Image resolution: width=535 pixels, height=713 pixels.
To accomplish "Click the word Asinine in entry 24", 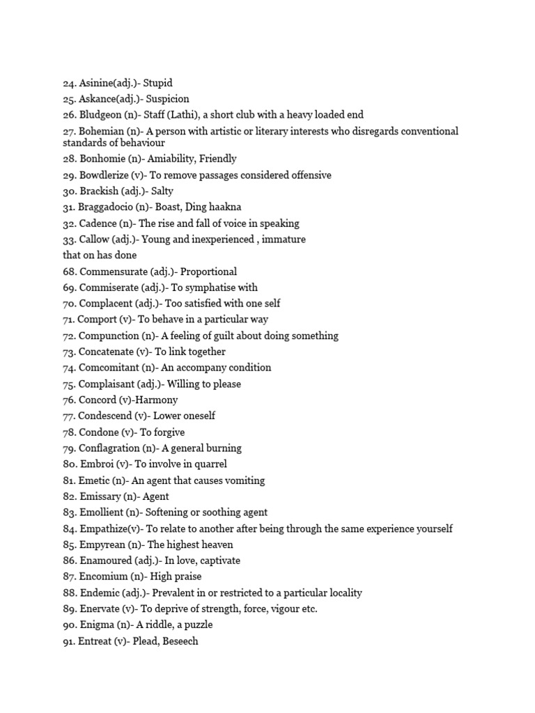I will [x=96, y=83].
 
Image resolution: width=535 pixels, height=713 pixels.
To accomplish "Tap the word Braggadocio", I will [x=106, y=207].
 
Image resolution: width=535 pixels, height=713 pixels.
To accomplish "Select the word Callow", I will [x=94, y=240].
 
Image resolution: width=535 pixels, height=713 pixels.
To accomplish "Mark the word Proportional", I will [x=208, y=272].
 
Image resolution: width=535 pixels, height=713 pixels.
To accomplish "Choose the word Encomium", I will [x=103, y=577].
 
